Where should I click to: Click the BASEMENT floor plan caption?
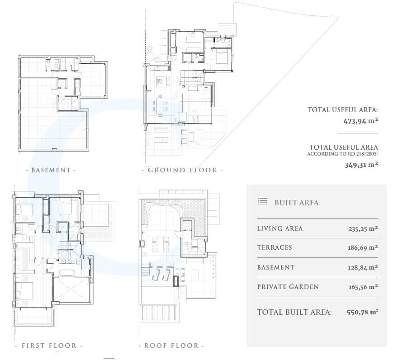tap(51, 170)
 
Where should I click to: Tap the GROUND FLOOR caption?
tap(182, 170)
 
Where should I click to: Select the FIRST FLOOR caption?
tap(49, 346)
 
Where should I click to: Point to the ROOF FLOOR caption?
tap(172, 346)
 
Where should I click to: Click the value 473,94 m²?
tap(361, 121)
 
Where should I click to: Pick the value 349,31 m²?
tap(361, 165)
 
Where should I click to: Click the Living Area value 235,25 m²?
tap(363, 229)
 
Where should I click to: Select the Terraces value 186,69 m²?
tap(363, 248)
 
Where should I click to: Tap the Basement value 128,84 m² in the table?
tap(363, 267)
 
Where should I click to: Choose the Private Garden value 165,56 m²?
tap(363, 287)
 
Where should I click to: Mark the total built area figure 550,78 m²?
tap(362, 312)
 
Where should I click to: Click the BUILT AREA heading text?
tap(297, 203)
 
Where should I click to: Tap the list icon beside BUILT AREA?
tap(262, 202)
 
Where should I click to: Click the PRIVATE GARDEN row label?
tap(288, 287)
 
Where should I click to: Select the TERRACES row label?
tap(275, 248)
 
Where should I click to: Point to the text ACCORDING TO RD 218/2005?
tap(342, 154)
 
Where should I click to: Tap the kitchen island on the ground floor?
tap(161, 81)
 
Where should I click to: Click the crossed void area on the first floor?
tap(72, 289)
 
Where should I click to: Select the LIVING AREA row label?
tap(280, 229)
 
